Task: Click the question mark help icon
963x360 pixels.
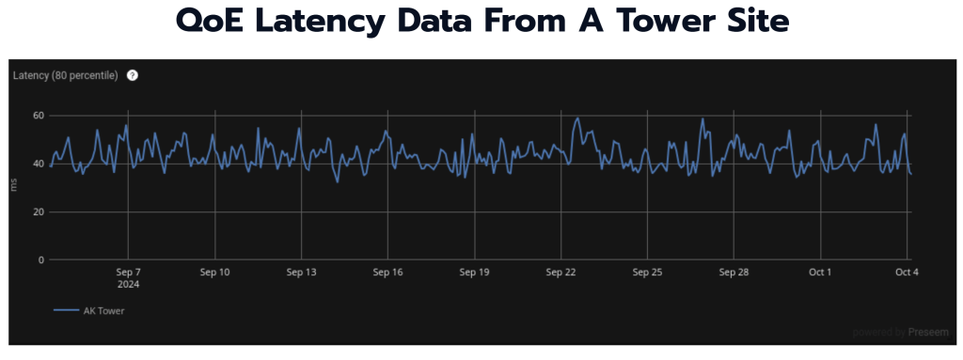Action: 133,75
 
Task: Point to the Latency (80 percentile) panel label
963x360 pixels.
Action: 65,75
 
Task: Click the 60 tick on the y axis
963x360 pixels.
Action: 39,116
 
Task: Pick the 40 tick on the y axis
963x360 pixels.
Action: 39,164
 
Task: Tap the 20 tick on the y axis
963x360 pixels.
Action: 39,211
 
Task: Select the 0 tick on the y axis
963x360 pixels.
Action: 41,259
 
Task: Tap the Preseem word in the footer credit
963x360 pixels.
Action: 930,332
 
